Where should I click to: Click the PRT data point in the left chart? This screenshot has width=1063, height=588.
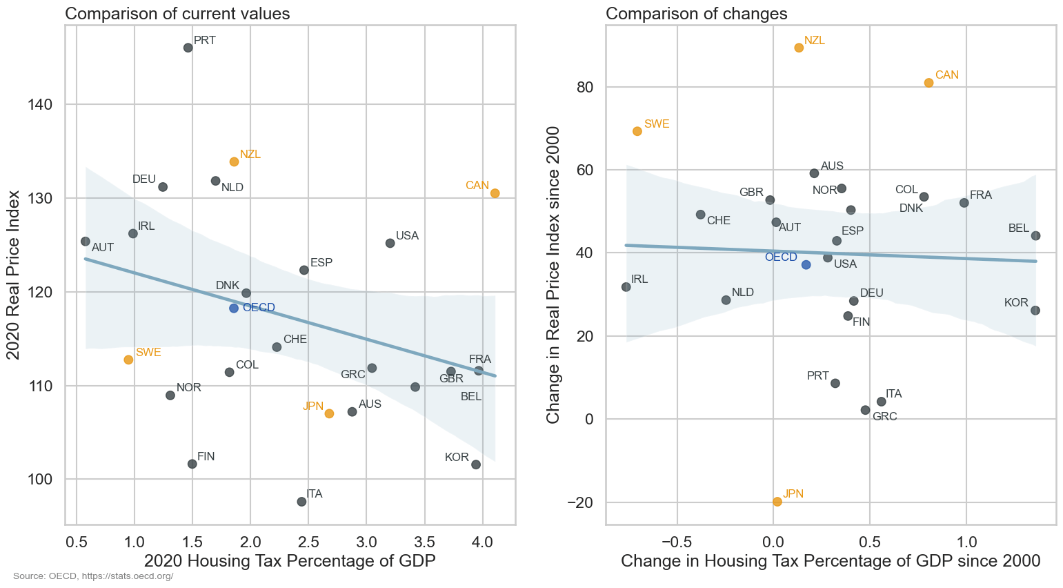(188, 48)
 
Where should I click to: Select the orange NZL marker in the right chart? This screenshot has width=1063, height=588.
(799, 48)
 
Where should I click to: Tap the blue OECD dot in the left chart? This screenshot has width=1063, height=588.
(234, 308)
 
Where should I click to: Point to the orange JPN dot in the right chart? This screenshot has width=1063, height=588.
(777, 502)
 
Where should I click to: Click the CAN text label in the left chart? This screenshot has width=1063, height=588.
(477, 186)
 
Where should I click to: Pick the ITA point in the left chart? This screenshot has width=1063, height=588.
(301, 502)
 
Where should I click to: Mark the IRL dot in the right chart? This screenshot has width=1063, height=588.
(626, 287)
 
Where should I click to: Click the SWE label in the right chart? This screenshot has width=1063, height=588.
(656, 124)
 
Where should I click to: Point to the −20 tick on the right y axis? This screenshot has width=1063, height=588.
(580, 502)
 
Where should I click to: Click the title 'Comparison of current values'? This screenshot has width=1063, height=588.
(177, 14)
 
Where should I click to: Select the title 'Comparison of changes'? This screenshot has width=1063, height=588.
(696, 14)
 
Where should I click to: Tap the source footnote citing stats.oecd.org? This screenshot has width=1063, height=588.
(93, 576)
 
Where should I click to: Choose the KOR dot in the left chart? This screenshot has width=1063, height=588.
(475, 464)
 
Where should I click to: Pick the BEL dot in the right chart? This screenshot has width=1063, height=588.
(1035, 236)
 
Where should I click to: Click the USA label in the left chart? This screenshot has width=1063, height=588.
(407, 236)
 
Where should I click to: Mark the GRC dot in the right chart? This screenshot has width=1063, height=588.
(865, 410)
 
